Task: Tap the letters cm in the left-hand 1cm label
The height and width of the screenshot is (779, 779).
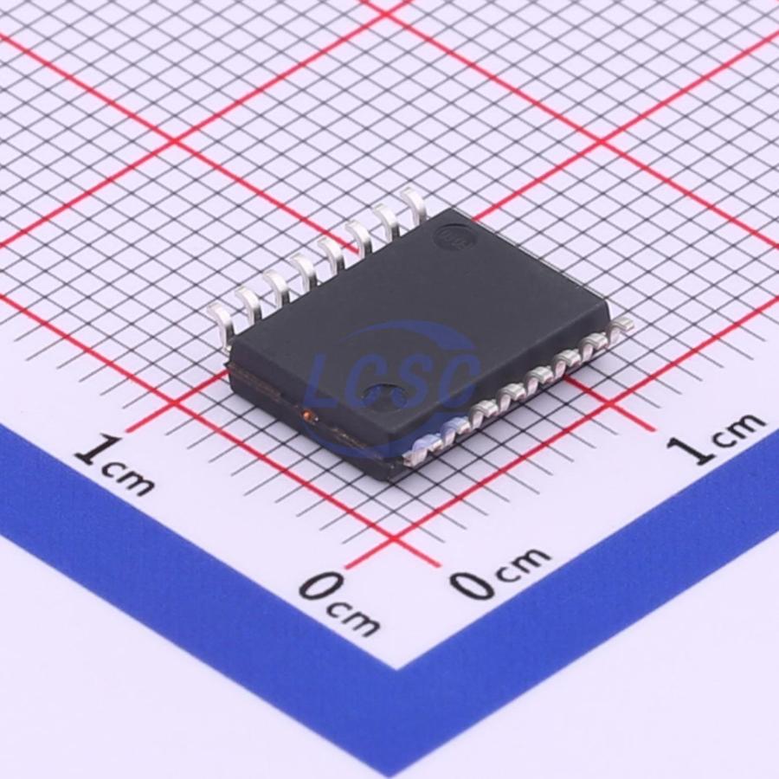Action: [x=129, y=480]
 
